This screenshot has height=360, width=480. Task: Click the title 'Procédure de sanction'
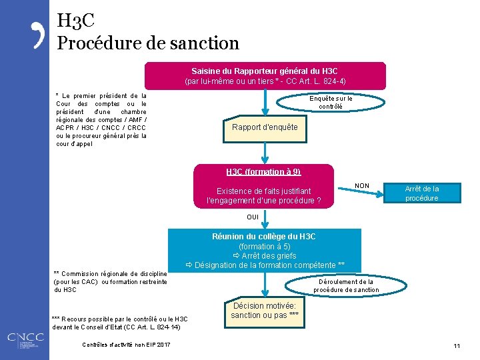pos(148,43)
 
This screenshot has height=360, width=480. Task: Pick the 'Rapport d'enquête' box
pos(265,127)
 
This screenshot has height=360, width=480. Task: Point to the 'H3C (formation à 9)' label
pos(263,172)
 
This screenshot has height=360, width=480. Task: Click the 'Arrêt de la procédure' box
pos(421,193)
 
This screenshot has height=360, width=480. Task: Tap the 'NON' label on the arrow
pos(362,185)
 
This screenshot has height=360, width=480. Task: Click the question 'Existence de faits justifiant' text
pos(263,191)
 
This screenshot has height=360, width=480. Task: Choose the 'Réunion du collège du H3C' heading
pos(264,237)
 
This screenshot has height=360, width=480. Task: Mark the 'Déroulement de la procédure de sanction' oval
pos(343,285)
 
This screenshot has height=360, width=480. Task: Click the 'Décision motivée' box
pos(265,311)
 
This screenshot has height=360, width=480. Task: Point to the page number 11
pos(457,345)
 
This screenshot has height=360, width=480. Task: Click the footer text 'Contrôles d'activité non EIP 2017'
pos(126,345)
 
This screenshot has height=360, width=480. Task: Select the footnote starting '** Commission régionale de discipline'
pos(110,281)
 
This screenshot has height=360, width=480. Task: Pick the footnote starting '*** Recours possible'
pos(120,323)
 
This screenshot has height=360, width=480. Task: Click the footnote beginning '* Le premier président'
pos(101,120)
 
